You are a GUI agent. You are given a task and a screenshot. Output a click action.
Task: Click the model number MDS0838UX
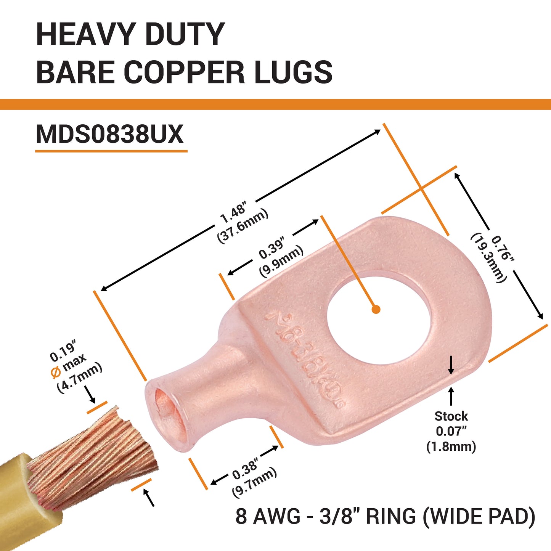tap(110, 134)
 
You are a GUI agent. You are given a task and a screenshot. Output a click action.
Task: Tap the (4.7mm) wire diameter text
tap(80, 378)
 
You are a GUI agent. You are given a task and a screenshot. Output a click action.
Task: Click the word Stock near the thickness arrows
tap(451, 416)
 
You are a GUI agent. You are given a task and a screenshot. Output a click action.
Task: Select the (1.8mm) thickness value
tap(451, 446)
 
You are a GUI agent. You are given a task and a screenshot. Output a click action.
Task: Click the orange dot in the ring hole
tap(376, 309)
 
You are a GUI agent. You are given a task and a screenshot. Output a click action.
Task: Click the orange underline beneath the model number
tap(111, 151)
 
